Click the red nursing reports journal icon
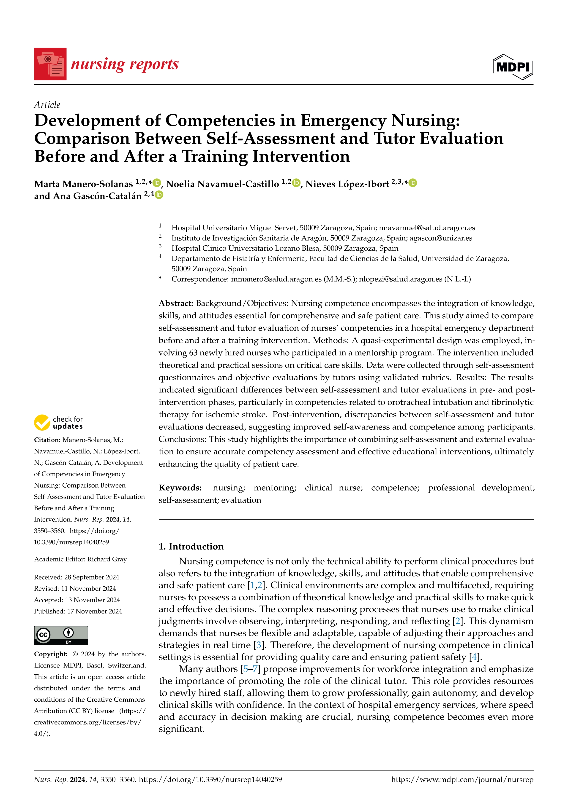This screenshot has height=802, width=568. [50, 64]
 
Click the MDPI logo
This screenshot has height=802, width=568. [513, 67]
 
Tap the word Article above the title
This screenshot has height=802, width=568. [47, 105]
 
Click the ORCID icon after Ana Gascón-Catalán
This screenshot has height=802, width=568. [159, 195]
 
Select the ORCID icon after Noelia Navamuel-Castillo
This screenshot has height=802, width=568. [296, 183]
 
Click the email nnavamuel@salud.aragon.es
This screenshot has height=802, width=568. [427, 228]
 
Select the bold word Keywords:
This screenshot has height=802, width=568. [180, 488]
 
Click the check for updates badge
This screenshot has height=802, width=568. [58, 423]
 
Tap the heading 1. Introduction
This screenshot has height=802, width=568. [191, 546]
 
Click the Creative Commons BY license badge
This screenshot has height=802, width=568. [61, 635]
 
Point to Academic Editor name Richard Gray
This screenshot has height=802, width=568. [107, 559]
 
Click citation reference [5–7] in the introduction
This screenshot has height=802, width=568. [250, 669]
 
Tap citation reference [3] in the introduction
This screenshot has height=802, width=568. [259, 645]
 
